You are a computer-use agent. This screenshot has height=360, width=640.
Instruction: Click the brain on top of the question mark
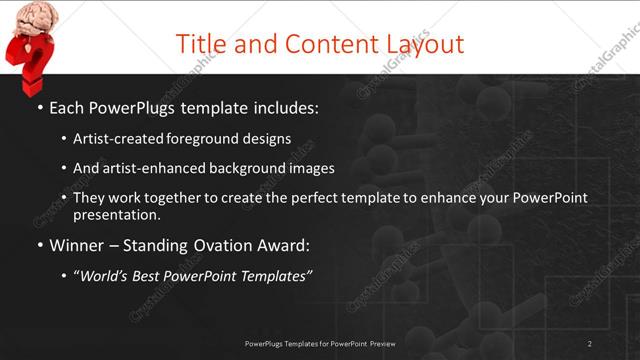click(x=30, y=17)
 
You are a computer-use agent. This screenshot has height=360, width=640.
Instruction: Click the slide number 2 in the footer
click(x=590, y=343)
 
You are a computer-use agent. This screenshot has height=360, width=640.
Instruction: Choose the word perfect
click(x=305, y=198)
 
